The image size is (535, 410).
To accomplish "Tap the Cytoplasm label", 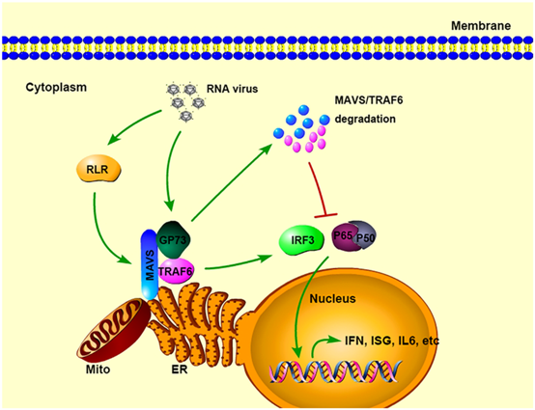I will [55, 87].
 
